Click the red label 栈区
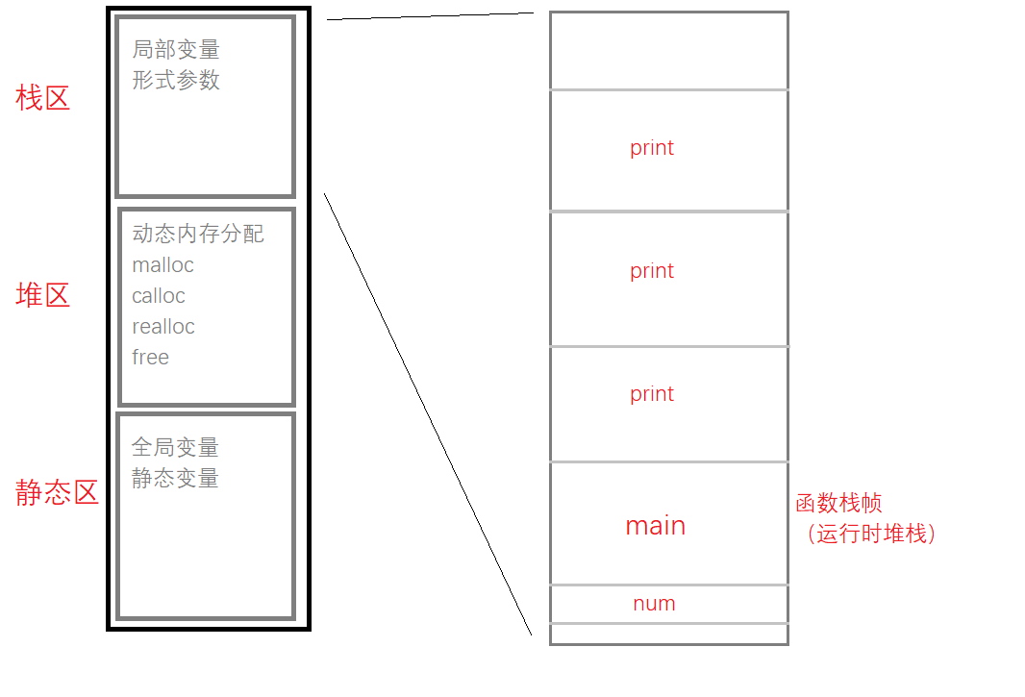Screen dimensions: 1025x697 [42, 98]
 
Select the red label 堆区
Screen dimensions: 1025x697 [42, 295]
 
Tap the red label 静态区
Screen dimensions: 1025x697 [57, 492]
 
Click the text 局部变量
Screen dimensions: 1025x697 [176, 49]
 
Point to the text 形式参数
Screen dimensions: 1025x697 [176, 80]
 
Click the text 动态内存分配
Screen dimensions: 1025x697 [198, 234]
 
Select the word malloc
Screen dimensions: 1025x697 [162, 264]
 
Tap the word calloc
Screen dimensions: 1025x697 [159, 295]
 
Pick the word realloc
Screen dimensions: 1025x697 [163, 326]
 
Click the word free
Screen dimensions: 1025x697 [150, 357]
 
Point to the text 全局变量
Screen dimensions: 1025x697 [175, 447]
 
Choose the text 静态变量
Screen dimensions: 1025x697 [175, 478]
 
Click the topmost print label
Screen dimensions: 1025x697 [652, 148]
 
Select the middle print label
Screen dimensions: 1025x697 [652, 271]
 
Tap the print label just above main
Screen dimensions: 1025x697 [652, 394]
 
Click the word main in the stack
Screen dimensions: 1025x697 [656, 526]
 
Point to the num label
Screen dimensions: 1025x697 [655, 604]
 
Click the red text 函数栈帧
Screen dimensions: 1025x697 [838, 503]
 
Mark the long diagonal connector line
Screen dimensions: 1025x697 [428, 414]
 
